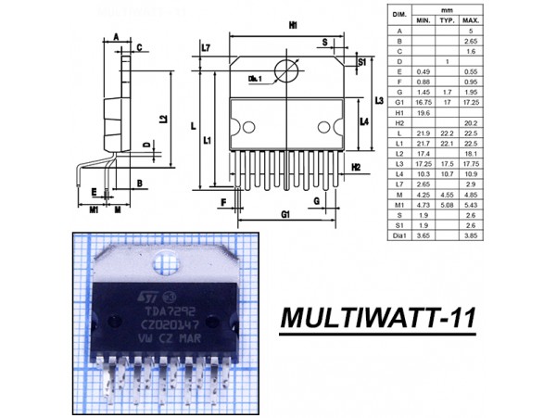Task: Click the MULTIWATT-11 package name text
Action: point(378,318)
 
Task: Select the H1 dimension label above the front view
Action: point(293,27)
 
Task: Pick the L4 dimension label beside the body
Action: point(364,121)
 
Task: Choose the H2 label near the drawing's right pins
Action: point(355,167)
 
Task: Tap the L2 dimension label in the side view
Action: point(163,119)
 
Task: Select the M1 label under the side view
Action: point(94,209)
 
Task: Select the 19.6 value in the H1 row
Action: point(423,113)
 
